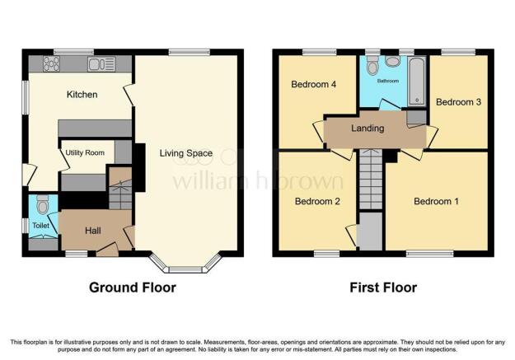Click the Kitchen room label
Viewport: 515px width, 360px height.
(82, 95)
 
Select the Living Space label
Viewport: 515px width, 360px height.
(185, 153)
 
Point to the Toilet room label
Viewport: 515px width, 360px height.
(40, 225)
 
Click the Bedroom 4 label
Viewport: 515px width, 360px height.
(314, 84)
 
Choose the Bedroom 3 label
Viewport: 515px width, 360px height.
(456, 102)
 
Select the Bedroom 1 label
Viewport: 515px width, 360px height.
(436, 201)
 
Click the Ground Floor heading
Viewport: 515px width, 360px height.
(133, 288)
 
